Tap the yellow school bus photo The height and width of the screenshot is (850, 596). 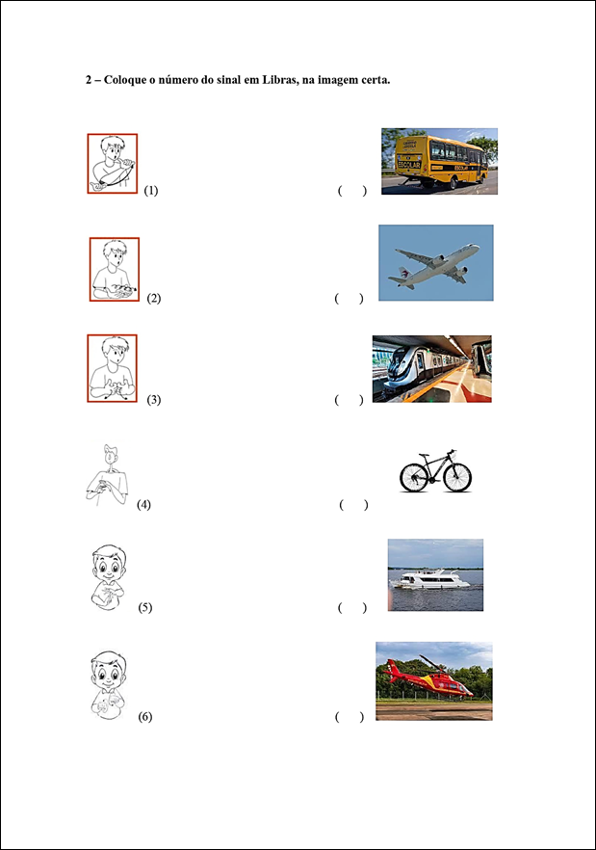pos(439,161)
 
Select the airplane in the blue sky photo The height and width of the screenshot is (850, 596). pos(434,265)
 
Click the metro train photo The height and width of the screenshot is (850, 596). pos(431,368)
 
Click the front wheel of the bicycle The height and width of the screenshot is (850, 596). pos(457,477)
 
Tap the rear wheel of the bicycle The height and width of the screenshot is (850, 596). pos(414,478)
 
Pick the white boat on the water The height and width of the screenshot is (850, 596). pos(429,579)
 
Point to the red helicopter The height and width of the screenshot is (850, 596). pos(428,677)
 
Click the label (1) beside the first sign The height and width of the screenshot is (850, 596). pos(151,190)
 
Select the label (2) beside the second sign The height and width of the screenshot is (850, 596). pos(154,298)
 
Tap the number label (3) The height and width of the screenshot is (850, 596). pos(154,400)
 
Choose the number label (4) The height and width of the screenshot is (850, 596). pos(143,505)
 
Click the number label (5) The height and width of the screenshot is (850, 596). pos(144,607)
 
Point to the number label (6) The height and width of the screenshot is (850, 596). pos(144,717)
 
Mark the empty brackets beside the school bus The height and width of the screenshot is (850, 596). pos(352,191)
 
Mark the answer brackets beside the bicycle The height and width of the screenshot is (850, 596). pos(353,505)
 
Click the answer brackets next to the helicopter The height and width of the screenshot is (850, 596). pos(350,717)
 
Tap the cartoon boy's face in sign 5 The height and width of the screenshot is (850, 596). pos(109,564)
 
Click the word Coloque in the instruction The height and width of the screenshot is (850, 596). pos(125,80)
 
